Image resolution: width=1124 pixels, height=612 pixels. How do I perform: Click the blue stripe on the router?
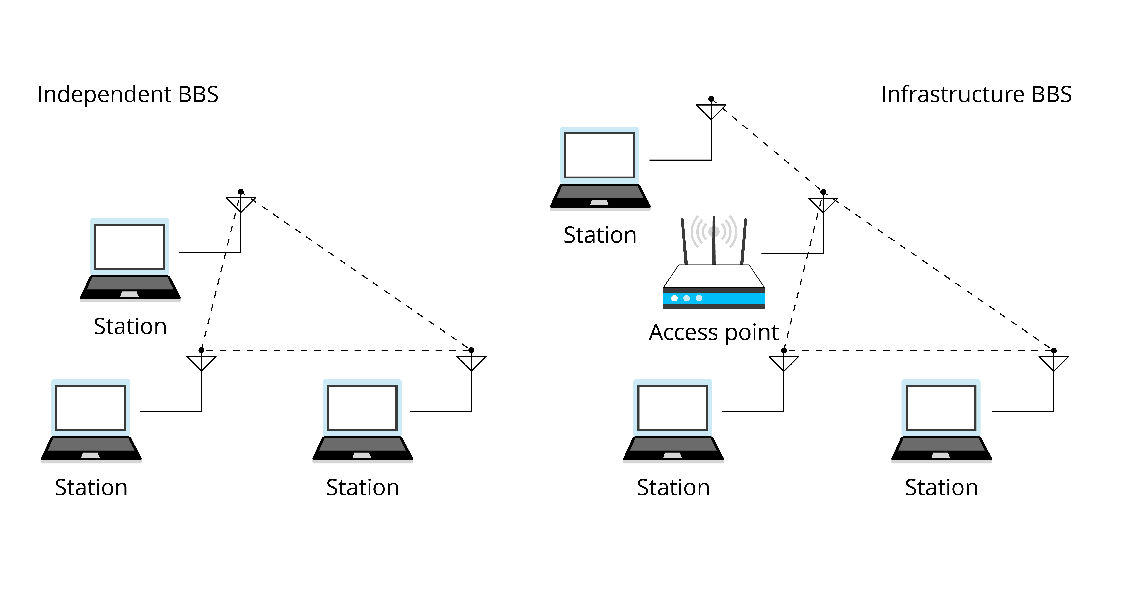tap(714, 298)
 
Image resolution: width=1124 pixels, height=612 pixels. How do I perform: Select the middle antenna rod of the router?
tap(714, 240)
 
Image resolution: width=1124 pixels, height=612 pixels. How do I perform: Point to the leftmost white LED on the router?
tap(675, 298)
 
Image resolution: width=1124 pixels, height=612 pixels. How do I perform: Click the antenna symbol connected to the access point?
tap(823, 203)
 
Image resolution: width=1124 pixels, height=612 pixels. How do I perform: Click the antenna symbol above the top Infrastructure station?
tap(711, 109)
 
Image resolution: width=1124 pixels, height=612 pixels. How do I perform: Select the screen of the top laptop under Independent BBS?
tap(130, 247)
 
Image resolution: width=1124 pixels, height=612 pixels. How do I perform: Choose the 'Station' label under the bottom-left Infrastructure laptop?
tap(673, 488)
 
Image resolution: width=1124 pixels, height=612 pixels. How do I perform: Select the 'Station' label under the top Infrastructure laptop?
tap(600, 235)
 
